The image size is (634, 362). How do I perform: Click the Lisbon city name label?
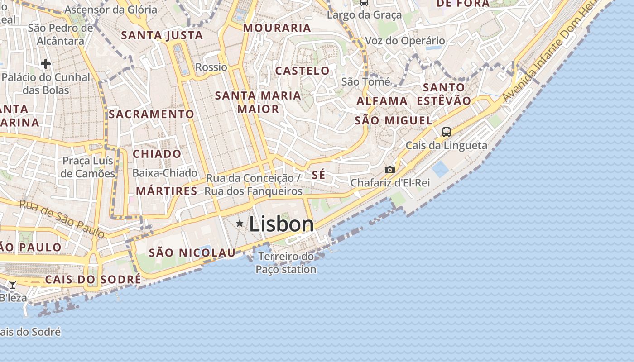(281, 224)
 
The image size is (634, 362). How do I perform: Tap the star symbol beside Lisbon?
(240, 223)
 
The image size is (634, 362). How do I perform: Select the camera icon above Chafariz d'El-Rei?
(389, 170)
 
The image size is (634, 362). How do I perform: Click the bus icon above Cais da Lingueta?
(447, 132)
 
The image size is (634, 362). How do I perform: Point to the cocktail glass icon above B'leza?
(13, 285)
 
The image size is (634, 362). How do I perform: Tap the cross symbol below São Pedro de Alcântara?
(46, 64)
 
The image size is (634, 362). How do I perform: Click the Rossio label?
(211, 67)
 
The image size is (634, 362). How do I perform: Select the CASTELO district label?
(302, 71)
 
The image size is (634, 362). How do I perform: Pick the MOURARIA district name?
(277, 28)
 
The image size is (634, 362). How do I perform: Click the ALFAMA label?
(382, 101)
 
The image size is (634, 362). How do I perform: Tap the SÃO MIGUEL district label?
(394, 121)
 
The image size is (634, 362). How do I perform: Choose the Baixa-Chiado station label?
(165, 173)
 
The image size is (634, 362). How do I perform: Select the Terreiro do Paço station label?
(286, 263)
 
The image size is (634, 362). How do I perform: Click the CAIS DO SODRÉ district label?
(93, 280)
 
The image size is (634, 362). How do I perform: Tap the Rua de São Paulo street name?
(62, 219)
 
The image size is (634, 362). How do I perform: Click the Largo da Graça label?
(364, 15)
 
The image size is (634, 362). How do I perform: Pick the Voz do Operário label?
(404, 41)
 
